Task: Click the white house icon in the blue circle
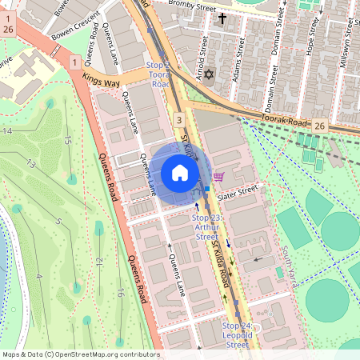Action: (179, 172)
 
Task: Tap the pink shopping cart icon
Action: (218, 176)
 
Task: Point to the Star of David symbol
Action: (210, 75)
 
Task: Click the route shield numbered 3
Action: (180, 119)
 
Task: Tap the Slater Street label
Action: (236, 192)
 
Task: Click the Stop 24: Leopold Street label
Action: (237, 334)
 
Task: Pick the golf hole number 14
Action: (8, 130)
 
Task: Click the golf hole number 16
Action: (119, 292)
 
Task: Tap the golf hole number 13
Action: (32, 163)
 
